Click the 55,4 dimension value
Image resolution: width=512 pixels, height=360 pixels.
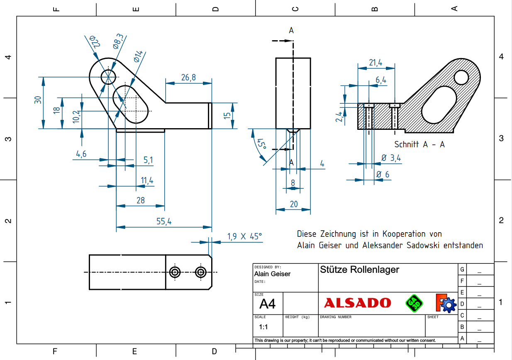coord(164,222)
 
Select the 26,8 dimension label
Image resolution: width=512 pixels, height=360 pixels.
coord(188,78)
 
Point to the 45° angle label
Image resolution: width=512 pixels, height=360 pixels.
coord(261,144)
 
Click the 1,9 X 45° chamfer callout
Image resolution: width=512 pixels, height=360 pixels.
coord(244,236)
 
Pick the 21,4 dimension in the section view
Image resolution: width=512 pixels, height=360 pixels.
coord(375,63)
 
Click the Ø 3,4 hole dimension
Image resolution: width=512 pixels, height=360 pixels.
coord(391,158)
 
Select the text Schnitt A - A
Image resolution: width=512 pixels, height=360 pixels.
coord(419,144)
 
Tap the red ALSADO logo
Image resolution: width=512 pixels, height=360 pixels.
coord(357,303)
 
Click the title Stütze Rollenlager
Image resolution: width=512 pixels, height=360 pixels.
coord(359,270)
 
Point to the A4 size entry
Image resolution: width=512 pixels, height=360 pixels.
coord(267,304)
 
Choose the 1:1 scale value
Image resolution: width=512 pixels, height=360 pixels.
coord(263,327)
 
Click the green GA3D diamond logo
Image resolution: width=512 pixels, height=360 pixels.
coord(414,303)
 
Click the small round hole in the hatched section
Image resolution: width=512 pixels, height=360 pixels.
coord(461,77)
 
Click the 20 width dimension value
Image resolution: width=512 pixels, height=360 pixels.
coord(294,204)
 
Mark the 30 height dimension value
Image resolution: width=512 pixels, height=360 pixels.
coord(38,100)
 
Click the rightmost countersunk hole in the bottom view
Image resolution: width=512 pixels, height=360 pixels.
coord(201,272)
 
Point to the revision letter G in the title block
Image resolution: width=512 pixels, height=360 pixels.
coord(462,269)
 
